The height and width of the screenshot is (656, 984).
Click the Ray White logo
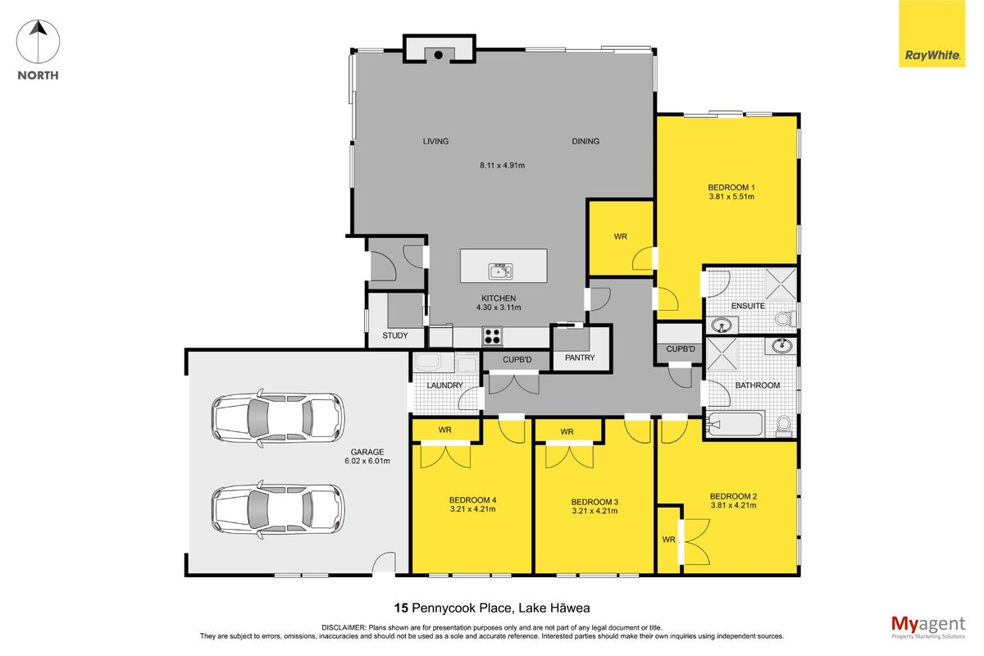pyautogui.click(x=932, y=34)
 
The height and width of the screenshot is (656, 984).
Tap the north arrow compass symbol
pyautogui.click(x=39, y=42)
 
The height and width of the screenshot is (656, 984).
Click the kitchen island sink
pyautogui.click(x=500, y=271)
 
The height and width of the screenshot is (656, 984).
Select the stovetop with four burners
pyautogui.click(x=492, y=335)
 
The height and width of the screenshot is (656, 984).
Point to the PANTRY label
pyautogui.click(x=580, y=358)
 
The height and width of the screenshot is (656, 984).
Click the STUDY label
pyautogui.click(x=395, y=335)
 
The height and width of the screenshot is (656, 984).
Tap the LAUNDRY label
pyautogui.click(x=444, y=385)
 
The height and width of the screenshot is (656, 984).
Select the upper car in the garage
pyautogui.click(x=278, y=417)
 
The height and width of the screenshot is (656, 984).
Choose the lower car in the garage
pyautogui.click(x=278, y=509)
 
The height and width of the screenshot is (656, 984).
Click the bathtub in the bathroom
pyautogui.click(x=736, y=424)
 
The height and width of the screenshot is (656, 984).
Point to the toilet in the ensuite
pyautogui.click(x=786, y=317)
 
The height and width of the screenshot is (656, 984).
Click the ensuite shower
pyautogui.click(x=781, y=285)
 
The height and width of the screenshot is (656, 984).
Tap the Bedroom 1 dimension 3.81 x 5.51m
pyautogui.click(x=731, y=197)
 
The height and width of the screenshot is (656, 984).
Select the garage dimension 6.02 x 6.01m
pyautogui.click(x=367, y=461)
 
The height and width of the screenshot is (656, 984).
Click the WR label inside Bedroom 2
pyautogui.click(x=668, y=540)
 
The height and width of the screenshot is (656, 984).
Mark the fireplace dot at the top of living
pyautogui.click(x=439, y=55)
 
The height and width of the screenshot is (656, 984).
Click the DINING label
pyautogui.click(x=585, y=142)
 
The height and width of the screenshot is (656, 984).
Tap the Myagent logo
pyautogui.click(x=928, y=626)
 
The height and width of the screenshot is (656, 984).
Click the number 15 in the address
pyautogui.click(x=401, y=608)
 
